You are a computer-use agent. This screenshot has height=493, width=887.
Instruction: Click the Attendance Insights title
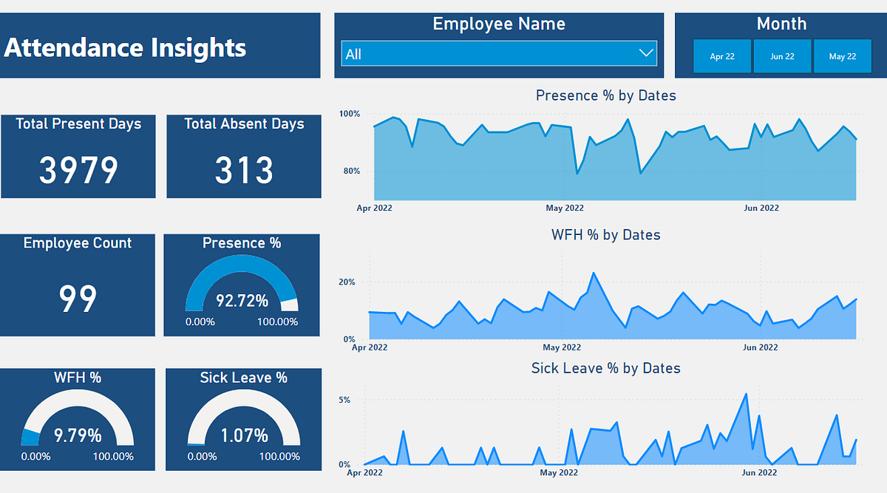(126, 48)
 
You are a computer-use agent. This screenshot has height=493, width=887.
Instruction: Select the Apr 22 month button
(722, 56)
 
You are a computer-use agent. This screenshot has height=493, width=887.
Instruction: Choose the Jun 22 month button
(782, 56)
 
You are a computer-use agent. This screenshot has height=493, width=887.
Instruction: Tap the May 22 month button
(842, 56)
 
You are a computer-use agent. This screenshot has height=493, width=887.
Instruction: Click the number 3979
(78, 171)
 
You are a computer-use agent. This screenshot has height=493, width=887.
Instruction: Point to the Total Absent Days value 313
(244, 171)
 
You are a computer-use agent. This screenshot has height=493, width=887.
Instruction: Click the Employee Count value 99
(78, 299)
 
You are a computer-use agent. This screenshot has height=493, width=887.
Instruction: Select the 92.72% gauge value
(242, 301)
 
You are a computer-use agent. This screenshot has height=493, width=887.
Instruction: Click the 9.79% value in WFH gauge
(78, 435)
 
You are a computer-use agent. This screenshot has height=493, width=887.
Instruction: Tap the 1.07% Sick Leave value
(243, 435)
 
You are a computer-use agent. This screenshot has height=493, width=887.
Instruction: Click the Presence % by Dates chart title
(605, 95)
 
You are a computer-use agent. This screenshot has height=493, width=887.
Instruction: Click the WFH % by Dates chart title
(605, 235)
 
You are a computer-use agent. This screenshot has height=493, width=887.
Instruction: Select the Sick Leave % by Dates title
(605, 368)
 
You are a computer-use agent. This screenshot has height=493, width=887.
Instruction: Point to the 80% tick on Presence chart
(349, 171)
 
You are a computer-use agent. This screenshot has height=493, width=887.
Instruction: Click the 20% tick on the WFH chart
(347, 282)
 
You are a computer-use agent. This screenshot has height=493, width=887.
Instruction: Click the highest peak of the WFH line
(594, 273)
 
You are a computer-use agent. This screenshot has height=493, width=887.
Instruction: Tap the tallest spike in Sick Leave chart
(746, 394)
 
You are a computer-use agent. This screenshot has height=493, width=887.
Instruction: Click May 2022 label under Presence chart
(565, 208)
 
